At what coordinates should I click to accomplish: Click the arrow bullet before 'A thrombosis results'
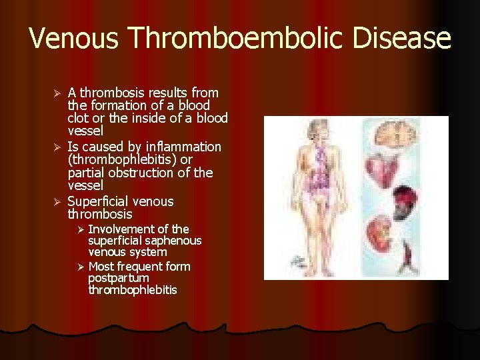57,93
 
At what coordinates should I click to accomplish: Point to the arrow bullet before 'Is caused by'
57,147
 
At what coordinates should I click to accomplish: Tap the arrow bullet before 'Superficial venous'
57,201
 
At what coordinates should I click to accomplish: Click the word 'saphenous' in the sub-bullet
176,241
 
